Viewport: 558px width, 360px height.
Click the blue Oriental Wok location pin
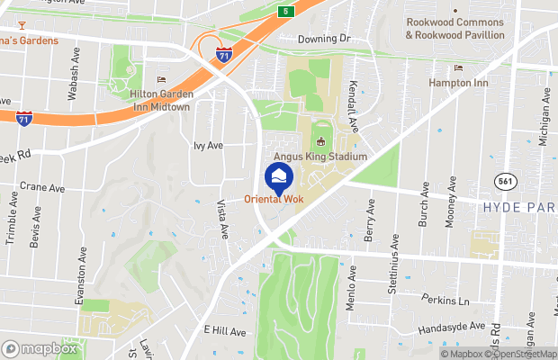(278, 176)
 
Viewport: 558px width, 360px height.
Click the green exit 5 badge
(285, 11)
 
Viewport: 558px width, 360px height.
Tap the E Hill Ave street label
(225, 332)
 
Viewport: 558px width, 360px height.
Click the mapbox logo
(40, 348)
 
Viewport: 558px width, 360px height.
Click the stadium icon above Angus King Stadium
(321, 141)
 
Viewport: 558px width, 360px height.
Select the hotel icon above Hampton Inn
(459, 68)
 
